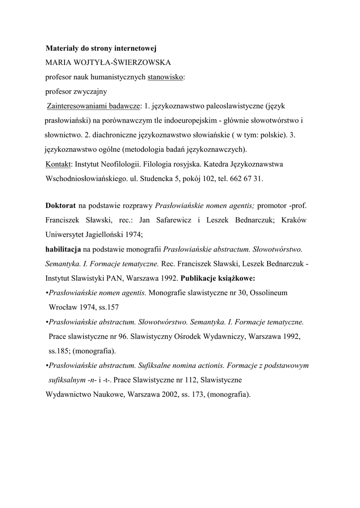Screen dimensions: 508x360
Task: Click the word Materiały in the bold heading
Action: point(63,49)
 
